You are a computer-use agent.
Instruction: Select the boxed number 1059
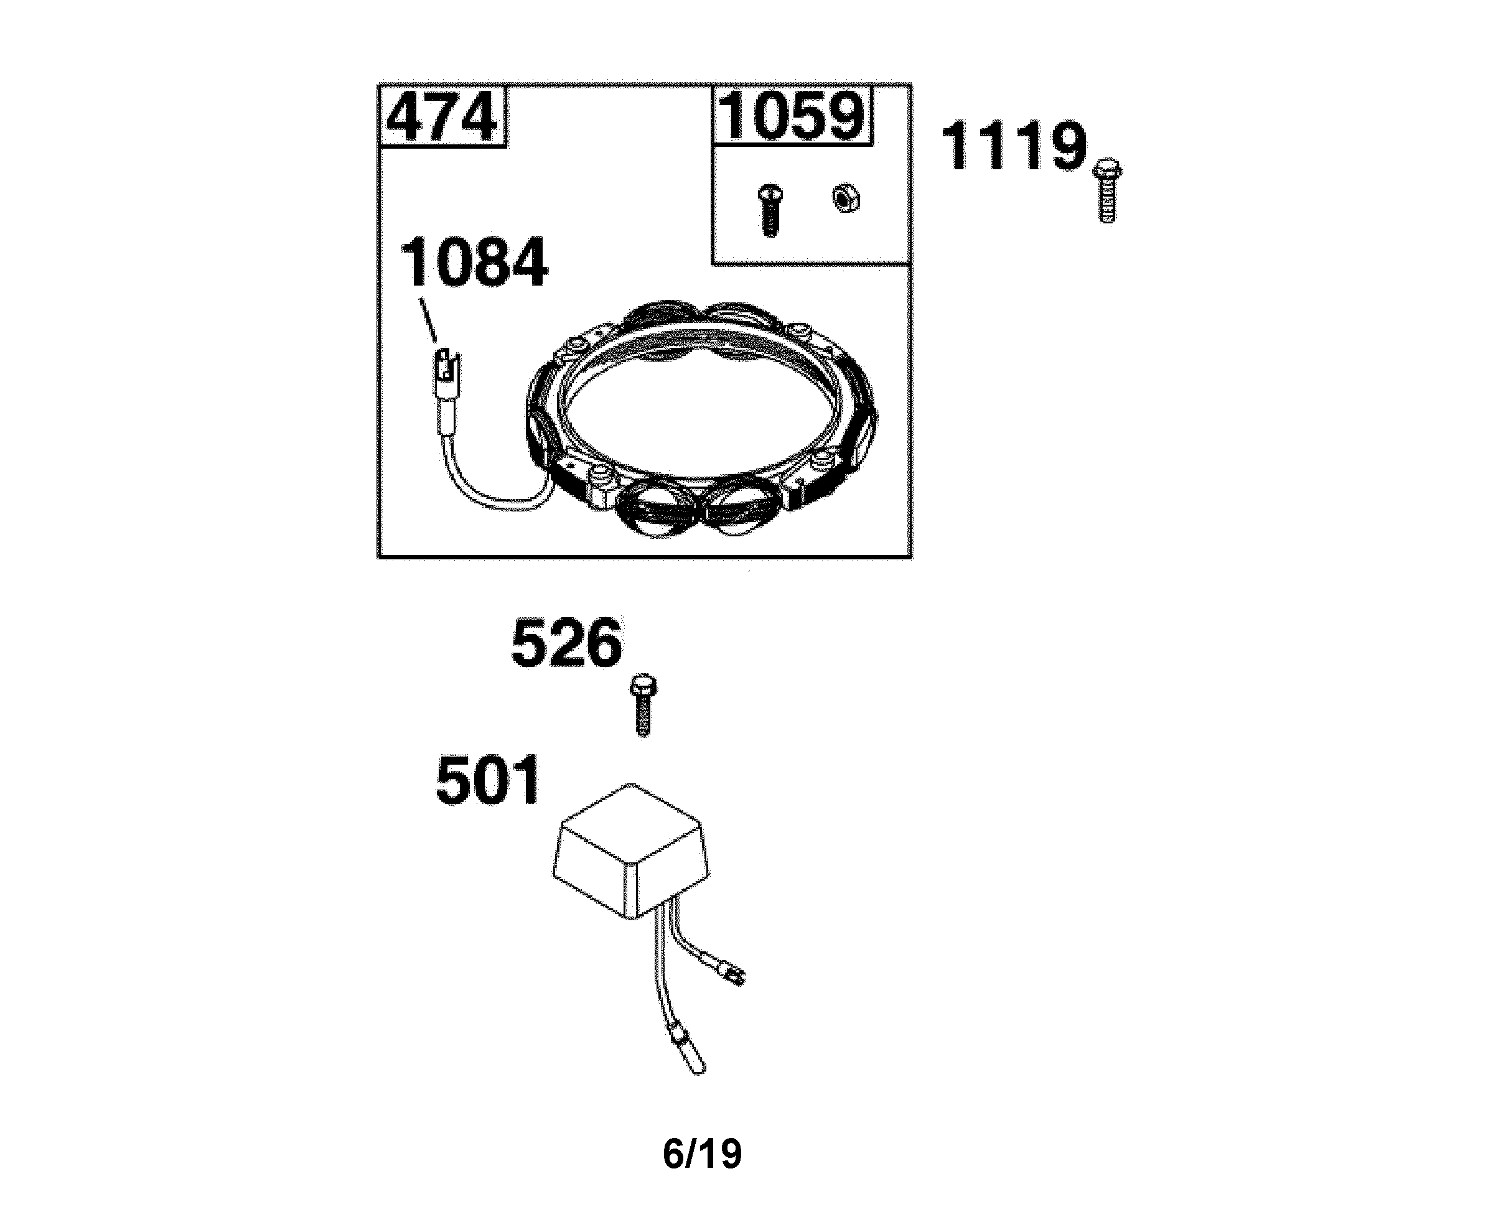tap(792, 116)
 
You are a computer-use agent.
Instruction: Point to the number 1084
tap(474, 263)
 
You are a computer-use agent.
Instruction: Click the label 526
tap(566, 643)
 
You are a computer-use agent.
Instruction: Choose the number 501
tap(488, 781)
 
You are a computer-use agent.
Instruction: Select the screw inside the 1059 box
tap(770, 210)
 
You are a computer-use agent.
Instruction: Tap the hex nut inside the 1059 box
tap(846, 198)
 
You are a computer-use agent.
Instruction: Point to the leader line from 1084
tap(429, 320)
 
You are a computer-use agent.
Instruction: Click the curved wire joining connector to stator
tap(491, 494)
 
